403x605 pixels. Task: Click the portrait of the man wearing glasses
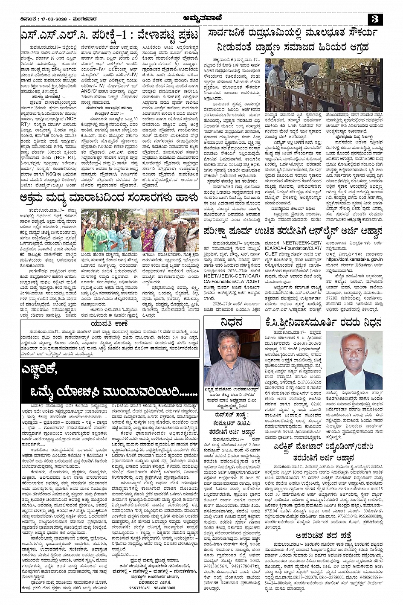232,358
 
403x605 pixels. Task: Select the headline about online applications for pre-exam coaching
294,232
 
